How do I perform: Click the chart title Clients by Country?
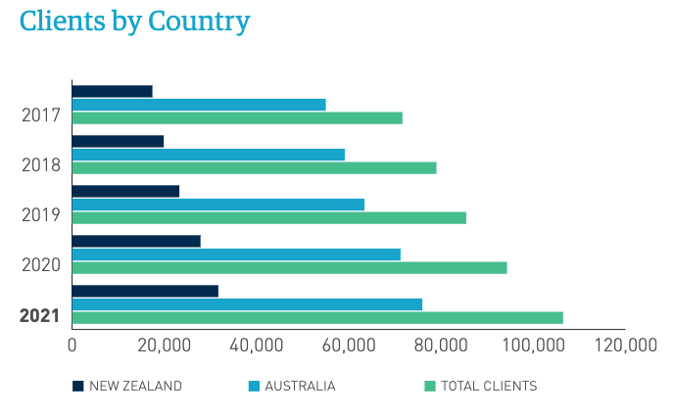pos(134,22)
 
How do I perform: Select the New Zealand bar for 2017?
pos(112,91)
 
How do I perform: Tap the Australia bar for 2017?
pos(199,104)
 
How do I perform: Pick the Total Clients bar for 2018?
pos(254,167)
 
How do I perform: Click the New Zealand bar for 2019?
pos(125,191)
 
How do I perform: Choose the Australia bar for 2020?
pos(236,254)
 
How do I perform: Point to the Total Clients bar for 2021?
pos(317,317)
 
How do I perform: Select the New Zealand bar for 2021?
pos(145,291)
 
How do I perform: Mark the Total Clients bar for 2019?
pos(268,217)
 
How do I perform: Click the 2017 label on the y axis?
pos(41,115)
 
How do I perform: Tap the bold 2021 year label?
pos(40,316)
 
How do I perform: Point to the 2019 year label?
pos(41,215)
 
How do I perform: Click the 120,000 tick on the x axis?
pos(625,346)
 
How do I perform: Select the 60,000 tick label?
pos(349,346)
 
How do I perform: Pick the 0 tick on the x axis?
pos(72,346)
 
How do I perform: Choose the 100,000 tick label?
pos(532,346)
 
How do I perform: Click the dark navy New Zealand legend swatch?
pos(77,386)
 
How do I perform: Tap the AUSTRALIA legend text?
pos(300,386)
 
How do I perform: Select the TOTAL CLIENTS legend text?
pos(489,386)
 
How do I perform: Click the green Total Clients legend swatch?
pos(429,386)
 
